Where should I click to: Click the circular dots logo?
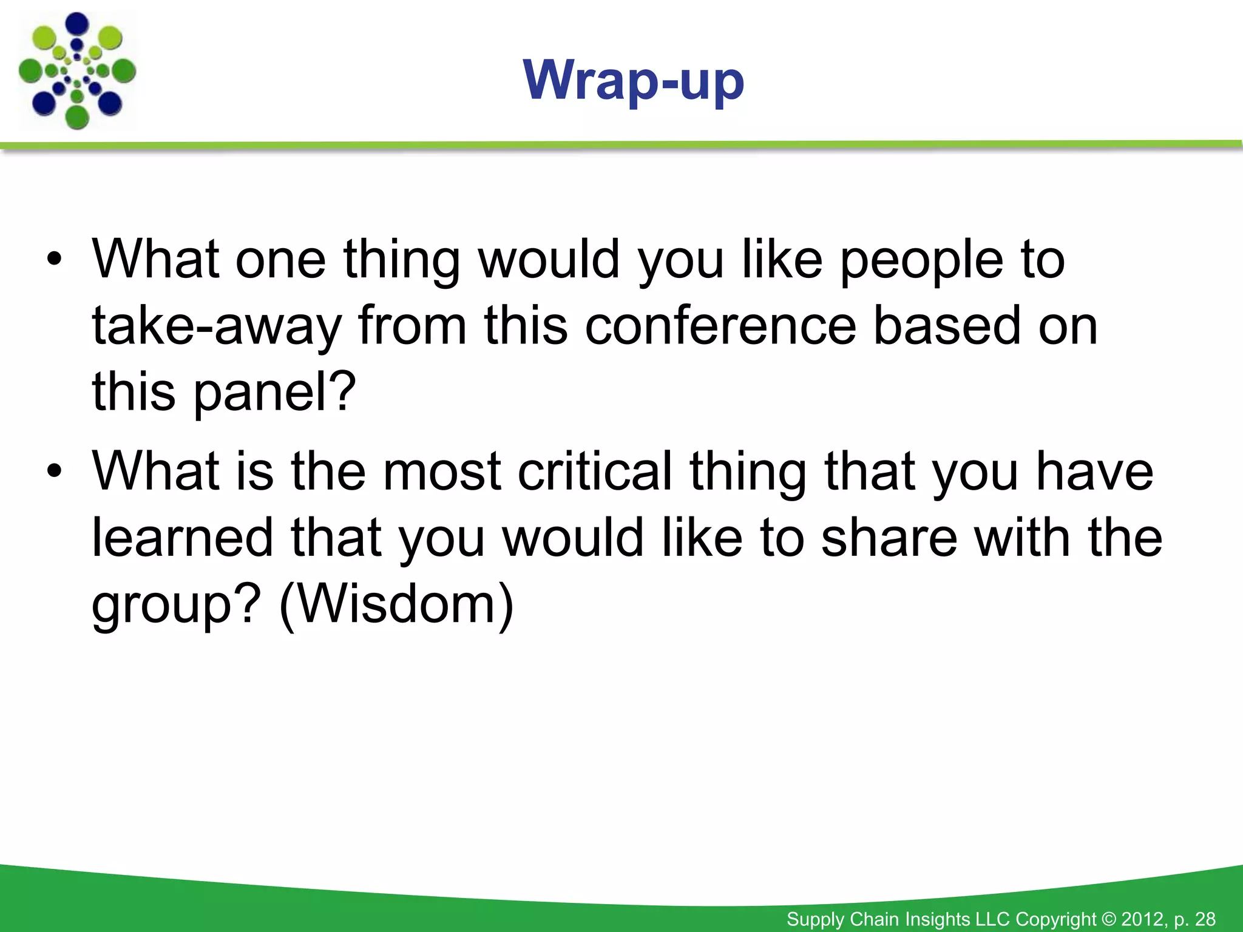tap(77, 71)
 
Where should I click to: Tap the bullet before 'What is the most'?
tap(55, 471)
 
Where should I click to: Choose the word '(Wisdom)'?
tap(396, 604)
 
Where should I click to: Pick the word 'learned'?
tap(182, 538)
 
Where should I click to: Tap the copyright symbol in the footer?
tap(1108, 919)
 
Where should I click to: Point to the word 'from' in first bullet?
tap(413, 326)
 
